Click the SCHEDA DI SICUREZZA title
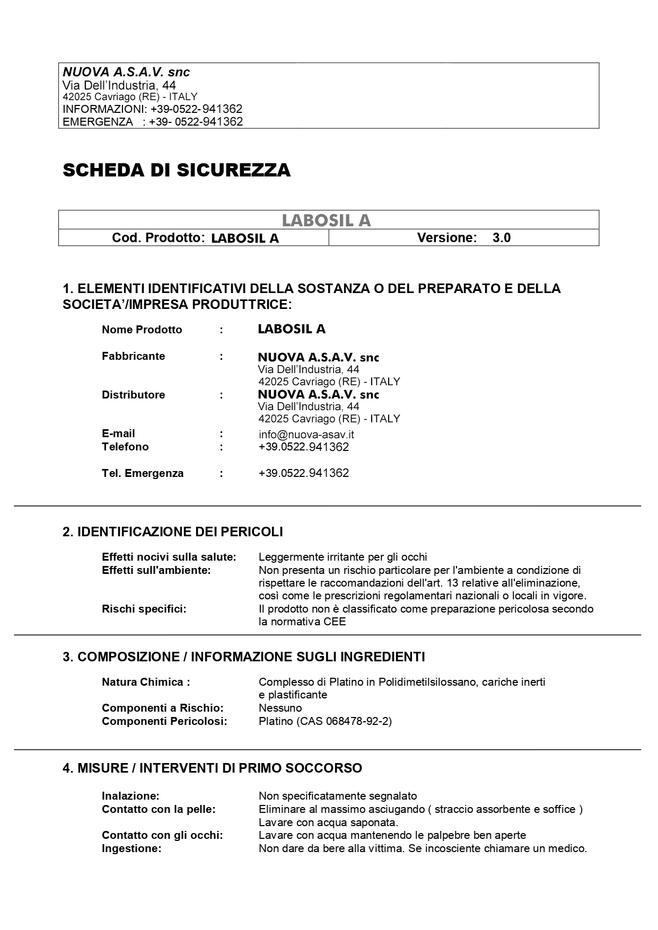pos(177,170)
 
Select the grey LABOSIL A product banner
pos(326,220)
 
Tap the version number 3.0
pos(501,238)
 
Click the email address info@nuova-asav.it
pos(306,435)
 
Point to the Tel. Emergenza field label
pos(143,473)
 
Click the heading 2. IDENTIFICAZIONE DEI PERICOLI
pos(173,532)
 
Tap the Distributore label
pos(133,395)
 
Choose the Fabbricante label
pos(133,356)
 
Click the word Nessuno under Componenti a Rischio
pos(280,708)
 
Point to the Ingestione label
pos(131,848)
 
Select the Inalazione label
pos(130,796)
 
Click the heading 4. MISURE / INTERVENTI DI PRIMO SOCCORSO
pos(212,768)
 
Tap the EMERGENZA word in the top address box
pos(98,122)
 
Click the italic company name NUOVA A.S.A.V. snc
pos(126,72)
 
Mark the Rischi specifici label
pos(144,609)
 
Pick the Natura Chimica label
pos(146,682)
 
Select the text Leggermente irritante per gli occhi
pos(343,557)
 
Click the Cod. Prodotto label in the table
pos(158,238)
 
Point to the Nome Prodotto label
pos(142,330)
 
